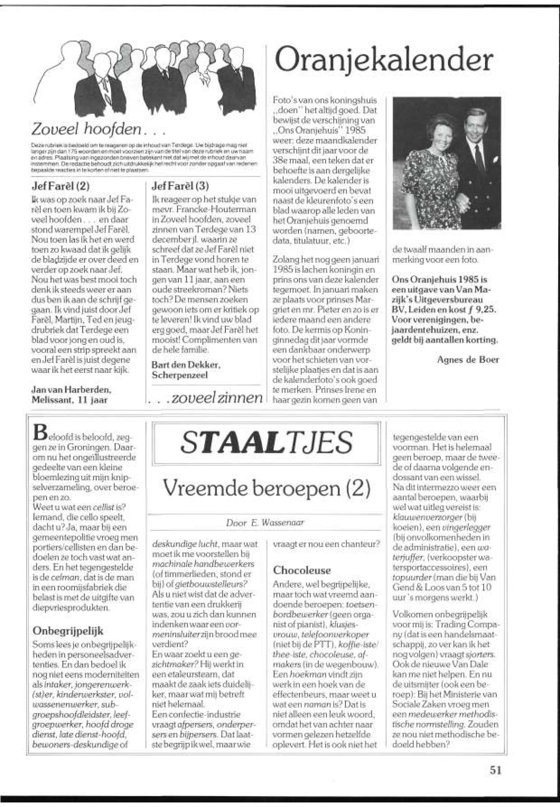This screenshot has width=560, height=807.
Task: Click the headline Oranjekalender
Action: coord(384,60)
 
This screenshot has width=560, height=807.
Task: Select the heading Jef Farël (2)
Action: coord(60,186)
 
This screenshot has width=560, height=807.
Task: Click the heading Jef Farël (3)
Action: coord(180,186)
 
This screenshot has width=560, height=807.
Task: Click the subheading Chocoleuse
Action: coord(302,570)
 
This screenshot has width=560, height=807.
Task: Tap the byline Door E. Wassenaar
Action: coord(265,522)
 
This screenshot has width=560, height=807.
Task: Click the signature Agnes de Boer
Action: coord(467,360)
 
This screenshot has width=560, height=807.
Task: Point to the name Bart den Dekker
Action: coord(186,365)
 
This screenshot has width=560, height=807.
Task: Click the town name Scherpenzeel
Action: coord(180,375)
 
